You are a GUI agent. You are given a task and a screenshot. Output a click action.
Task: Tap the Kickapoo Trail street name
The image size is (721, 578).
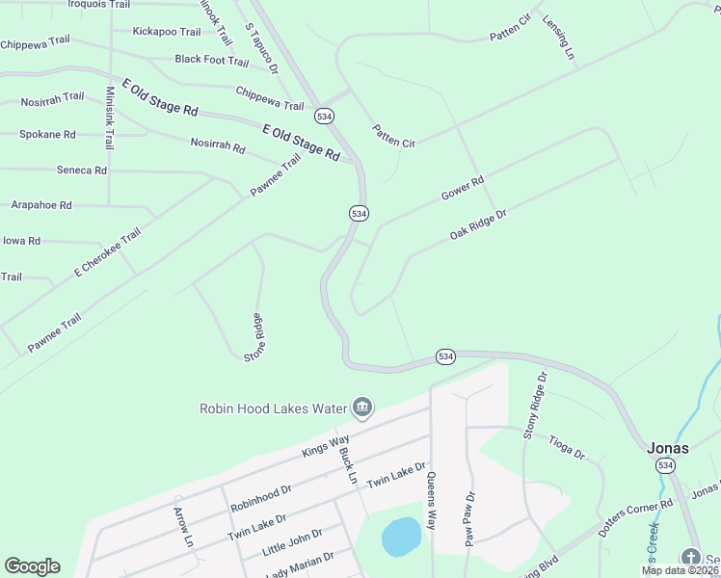pyautogui.click(x=167, y=32)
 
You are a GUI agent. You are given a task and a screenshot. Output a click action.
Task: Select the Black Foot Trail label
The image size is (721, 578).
pyautogui.click(x=212, y=60)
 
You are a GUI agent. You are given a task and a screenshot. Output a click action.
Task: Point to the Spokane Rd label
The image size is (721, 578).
pyautogui.click(x=47, y=135)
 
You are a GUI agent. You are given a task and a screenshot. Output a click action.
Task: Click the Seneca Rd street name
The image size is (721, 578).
pyautogui.click(x=82, y=171)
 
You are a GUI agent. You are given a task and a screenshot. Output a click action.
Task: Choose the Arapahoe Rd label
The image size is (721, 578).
pyautogui.click(x=41, y=205)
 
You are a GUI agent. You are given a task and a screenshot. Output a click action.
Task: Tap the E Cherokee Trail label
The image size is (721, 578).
pyautogui.click(x=107, y=253)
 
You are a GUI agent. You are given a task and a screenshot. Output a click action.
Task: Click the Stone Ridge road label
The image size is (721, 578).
pyautogui.click(x=254, y=336)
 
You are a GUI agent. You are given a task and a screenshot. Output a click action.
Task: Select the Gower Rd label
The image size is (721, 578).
pyautogui.click(x=462, y=188)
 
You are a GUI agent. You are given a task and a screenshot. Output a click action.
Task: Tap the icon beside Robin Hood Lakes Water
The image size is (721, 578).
pyautogui.click(x=362, y=407)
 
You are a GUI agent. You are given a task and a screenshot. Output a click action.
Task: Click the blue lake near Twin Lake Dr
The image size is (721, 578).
pyautogui.click(x=402, y=537)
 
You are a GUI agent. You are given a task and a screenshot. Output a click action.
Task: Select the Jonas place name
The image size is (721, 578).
pyautogui.click(x=667, y=448)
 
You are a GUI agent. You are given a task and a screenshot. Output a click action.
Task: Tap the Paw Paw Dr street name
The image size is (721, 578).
pyautogui.click(x=470, y=520)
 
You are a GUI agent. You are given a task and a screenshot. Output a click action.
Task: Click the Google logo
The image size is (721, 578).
pyautogui.click(x=32, y=566)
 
